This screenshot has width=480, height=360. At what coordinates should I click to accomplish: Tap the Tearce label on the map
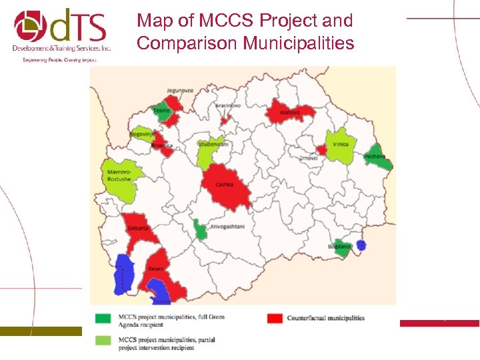coord(161,111)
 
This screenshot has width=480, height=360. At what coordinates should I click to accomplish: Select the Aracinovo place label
coord(227,106)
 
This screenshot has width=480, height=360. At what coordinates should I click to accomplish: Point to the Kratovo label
coord(289,113)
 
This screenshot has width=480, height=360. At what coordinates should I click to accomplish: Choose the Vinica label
coord(341,144)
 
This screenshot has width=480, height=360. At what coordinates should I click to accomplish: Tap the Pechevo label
coord(375,157)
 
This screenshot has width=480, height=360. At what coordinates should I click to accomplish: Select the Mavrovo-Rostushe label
coord(119,175)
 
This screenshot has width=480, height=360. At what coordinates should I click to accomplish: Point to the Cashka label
coord(225,185)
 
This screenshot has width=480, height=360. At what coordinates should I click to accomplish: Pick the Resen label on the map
coord(155,269)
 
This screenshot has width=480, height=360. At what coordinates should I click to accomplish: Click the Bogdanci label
coord(339,247)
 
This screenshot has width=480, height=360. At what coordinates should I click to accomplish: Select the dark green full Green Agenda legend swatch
coord(103,318)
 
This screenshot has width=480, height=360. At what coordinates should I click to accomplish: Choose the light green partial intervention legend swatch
coord(103,341)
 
